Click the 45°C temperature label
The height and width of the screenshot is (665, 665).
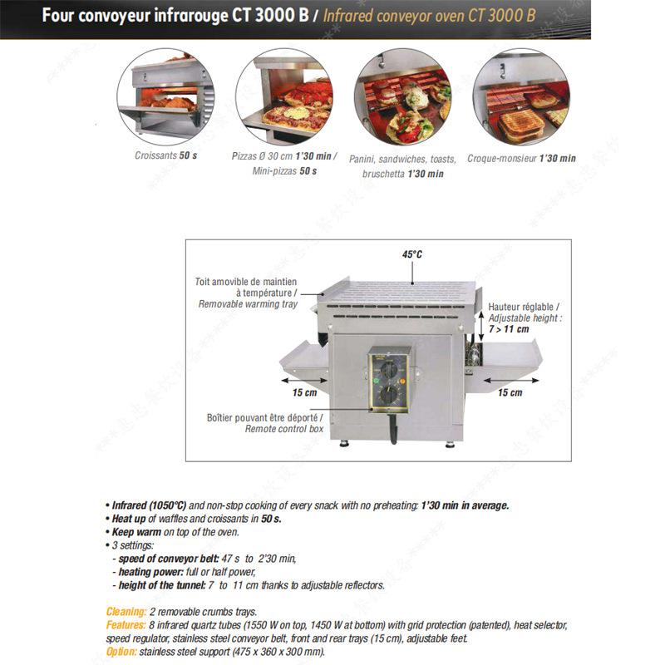tap(412, 254)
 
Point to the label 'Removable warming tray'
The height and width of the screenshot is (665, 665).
tap(247, 304)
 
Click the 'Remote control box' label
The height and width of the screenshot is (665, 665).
tap(283, 429)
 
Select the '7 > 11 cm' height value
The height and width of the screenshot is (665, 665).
tap(510, 329)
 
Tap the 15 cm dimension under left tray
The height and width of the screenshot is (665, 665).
tap(304, 392)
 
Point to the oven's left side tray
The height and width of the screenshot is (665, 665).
tap(303, 362)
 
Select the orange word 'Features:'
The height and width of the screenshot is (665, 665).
tap(128, 625)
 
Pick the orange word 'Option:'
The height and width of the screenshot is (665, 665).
tap(122, 651)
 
